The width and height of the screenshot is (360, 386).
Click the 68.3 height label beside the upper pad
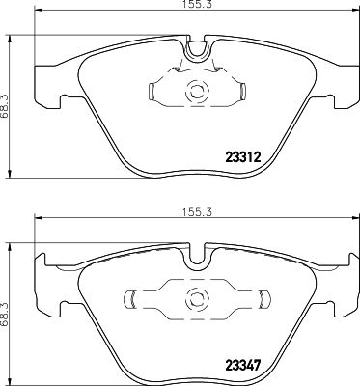point(9,97)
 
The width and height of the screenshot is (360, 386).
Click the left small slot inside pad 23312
point(152,93)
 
